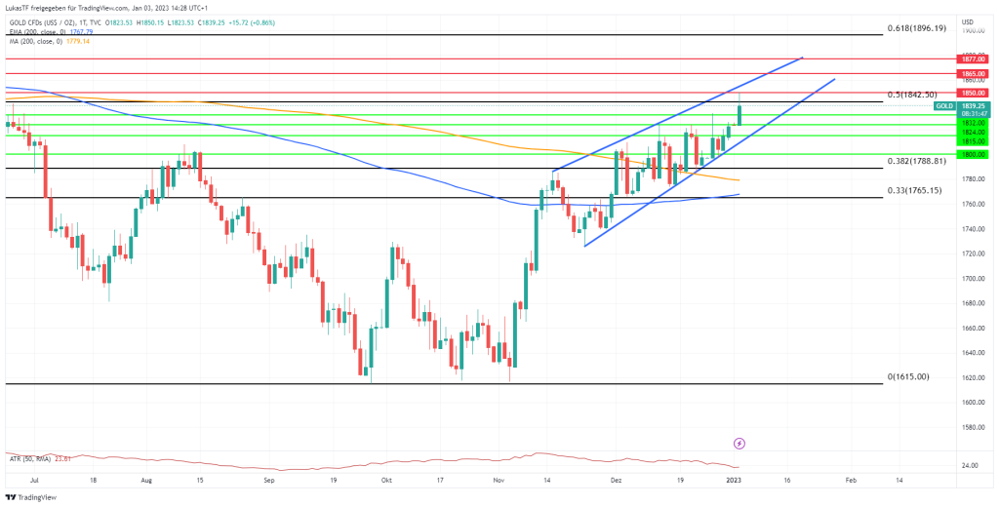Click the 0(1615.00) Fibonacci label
[x=908, y=376]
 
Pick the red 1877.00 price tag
[x=975, y=59]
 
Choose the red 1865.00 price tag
[x=975, y=73]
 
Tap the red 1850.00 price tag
[x=975, y=93]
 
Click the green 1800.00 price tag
[x=975, y=154]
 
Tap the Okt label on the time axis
[x=387, y=481]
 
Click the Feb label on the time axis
[x=851, y=481]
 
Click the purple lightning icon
[x=739, y=444]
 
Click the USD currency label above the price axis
[x=967, y=21]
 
